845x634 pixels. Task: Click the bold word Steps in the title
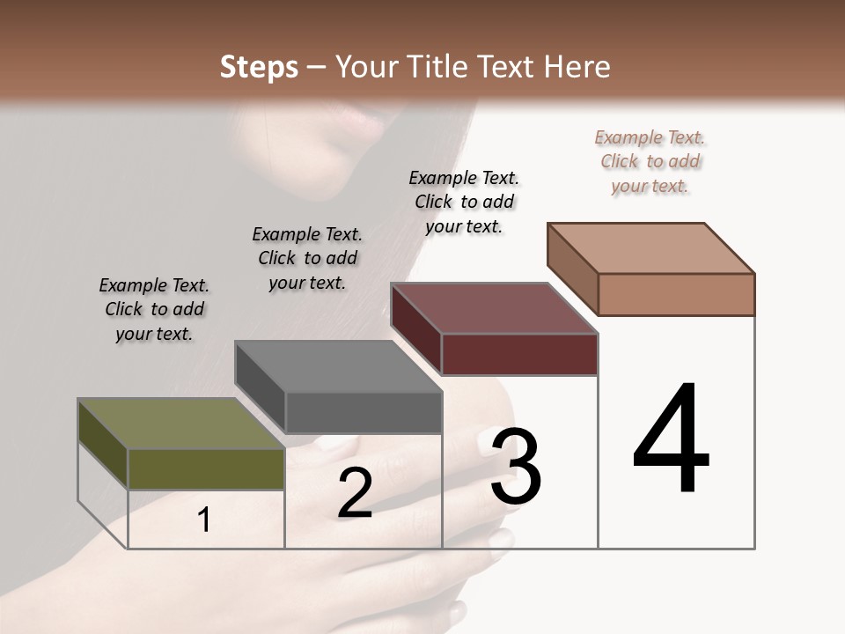[x=259, y=67]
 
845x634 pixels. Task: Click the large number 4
[x=672, y=440]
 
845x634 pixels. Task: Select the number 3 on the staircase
[x=516, y=467]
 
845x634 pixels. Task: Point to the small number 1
[x=204, y=520]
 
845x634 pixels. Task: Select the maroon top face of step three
[x=494, y=308]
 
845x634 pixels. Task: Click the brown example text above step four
[x=650, y=161]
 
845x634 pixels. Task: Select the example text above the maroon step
[x=464, y=202]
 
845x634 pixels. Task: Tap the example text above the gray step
[x=307, y=258]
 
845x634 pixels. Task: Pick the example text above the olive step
[x=154, y=309]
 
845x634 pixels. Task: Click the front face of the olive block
[x=206, y=468]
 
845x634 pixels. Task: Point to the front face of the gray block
[x=364, y=412]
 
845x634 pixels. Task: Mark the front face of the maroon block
[x=519, y=354]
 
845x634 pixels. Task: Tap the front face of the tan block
[x=676, y=294]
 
